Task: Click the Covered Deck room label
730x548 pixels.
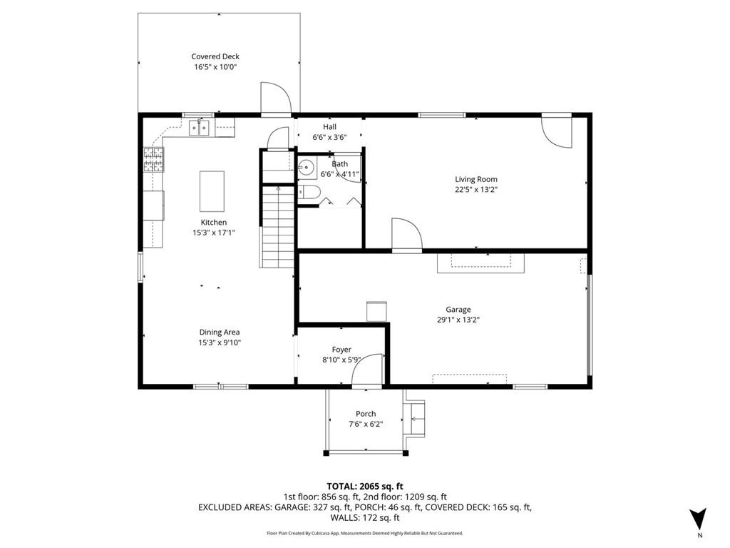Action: (215, 56)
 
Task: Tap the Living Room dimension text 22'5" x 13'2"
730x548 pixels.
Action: (476, 190)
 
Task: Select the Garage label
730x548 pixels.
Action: (458, 310)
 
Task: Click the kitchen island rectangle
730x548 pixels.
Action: (212, 191)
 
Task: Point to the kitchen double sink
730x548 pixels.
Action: (200, 127)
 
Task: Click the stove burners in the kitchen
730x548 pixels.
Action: (153, 159)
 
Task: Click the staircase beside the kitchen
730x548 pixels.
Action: (277, 226)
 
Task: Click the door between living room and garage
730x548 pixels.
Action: (406, 235)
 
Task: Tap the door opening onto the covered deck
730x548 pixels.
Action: (276, 98)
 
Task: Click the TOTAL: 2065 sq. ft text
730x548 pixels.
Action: (364, 487)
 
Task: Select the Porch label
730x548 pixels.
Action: (366, 414)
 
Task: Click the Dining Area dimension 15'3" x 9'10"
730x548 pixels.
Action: (220, 342)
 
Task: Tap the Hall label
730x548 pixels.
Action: (329, 127)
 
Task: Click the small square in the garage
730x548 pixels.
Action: (376, 311)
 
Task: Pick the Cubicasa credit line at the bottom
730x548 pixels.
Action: (364, 533)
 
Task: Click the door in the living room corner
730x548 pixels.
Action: (556, 131)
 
